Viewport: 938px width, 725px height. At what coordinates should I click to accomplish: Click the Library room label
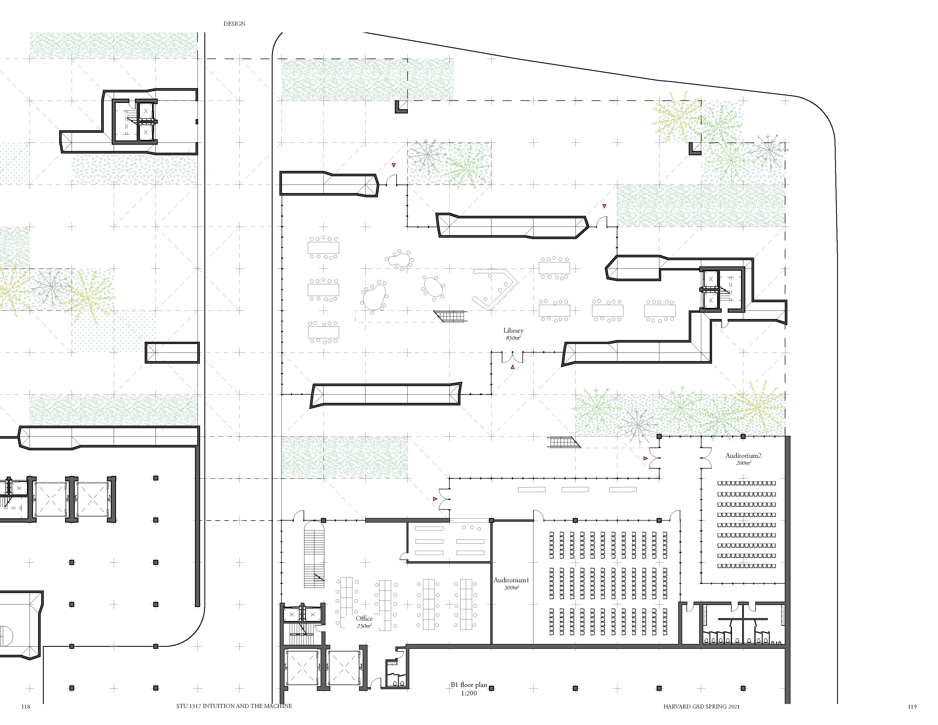[513, 330]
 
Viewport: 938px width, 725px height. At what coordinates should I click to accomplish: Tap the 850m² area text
[513, 338]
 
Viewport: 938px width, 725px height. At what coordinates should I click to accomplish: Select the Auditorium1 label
[511, 580]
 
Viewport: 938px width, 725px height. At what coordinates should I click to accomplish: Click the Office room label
[364, 618]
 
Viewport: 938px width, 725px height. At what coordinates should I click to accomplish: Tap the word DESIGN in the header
[234, 24]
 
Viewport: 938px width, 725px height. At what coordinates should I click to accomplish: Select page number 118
[26, 707]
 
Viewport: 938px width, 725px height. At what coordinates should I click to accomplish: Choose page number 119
[912, 707]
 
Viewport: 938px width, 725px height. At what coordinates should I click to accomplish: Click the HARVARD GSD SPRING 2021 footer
[701, 707]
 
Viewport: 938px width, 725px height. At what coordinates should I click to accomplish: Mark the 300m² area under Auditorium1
[511, 588]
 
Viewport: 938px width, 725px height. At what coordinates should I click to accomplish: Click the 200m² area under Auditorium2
[744, 463]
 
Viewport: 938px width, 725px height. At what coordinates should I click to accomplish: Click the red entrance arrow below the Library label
[512, 367]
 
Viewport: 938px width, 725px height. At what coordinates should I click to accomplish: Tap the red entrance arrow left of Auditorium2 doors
[646, 458]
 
